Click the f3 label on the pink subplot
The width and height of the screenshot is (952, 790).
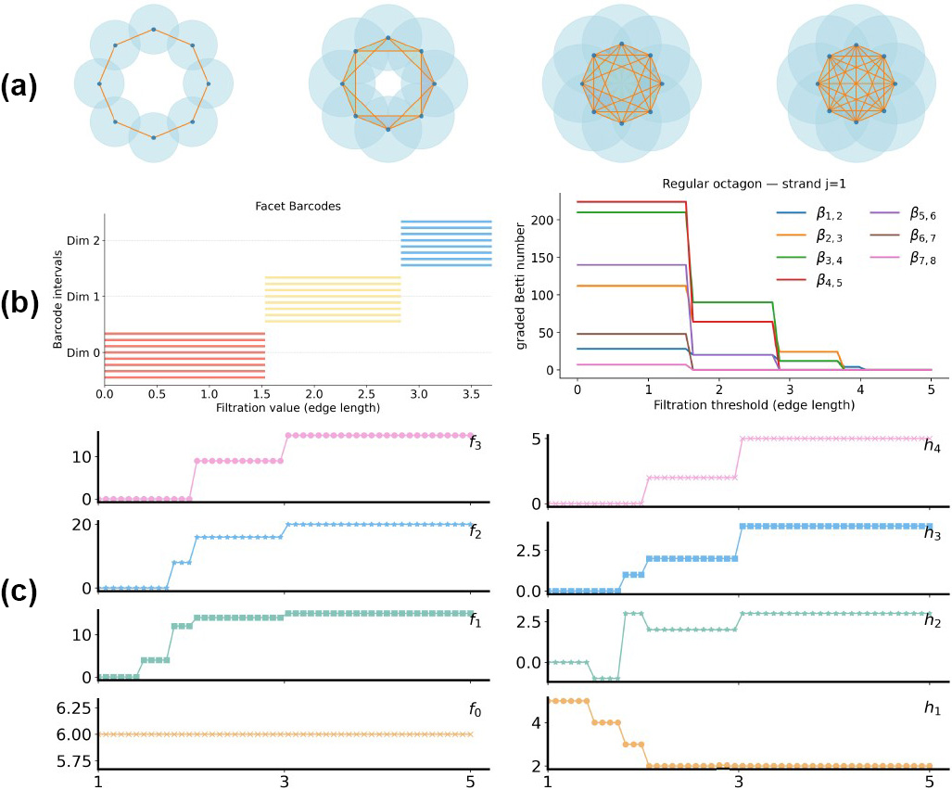point(474,444)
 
